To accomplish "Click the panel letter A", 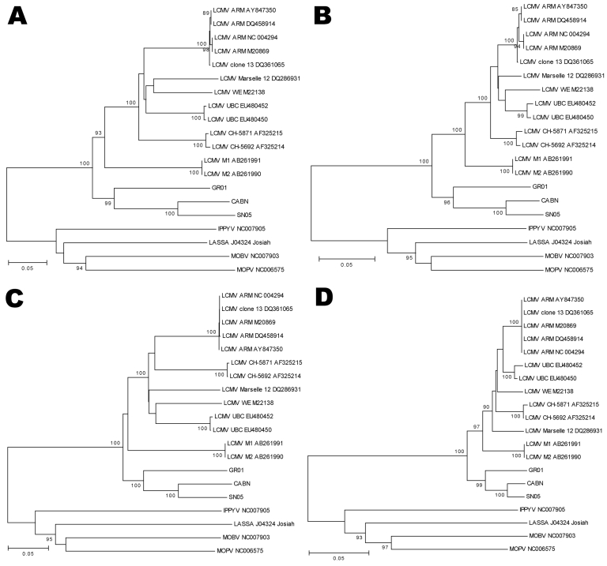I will tap(19, 17).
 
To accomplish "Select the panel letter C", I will tap(19, 298).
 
